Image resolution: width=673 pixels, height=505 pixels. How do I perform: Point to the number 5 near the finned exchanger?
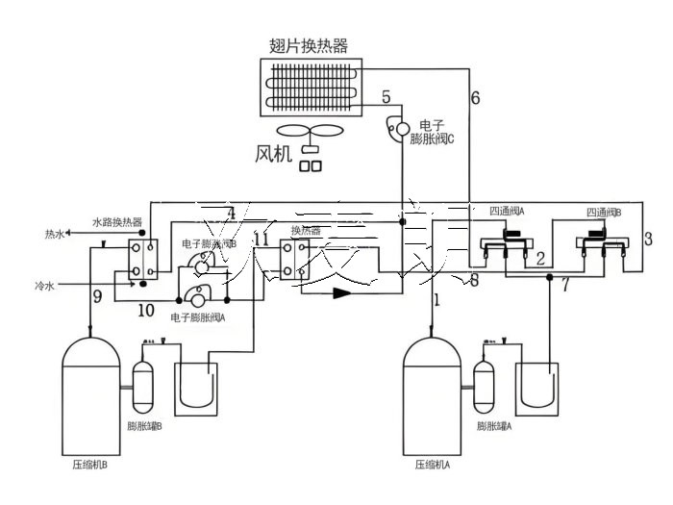click(386, 96)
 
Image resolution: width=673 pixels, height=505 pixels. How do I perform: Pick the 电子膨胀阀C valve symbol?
click(395, 127)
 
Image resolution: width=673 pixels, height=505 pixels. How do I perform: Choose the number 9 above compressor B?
click(97, 297)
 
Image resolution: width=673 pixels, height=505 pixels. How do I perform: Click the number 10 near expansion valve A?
click(145, 310)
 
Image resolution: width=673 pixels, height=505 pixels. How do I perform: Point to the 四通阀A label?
click(507, 212)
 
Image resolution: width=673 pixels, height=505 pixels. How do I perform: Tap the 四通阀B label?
click(604, 212)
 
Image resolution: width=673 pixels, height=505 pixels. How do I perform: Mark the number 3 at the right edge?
click(647, 239)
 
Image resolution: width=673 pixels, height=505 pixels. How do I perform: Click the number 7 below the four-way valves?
click(564, 286)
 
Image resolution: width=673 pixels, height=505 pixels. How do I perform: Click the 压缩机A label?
click(433, 464)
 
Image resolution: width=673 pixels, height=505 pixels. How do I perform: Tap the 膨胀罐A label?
click(494, 425)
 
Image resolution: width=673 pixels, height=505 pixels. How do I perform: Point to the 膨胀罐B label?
click(144, 425)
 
